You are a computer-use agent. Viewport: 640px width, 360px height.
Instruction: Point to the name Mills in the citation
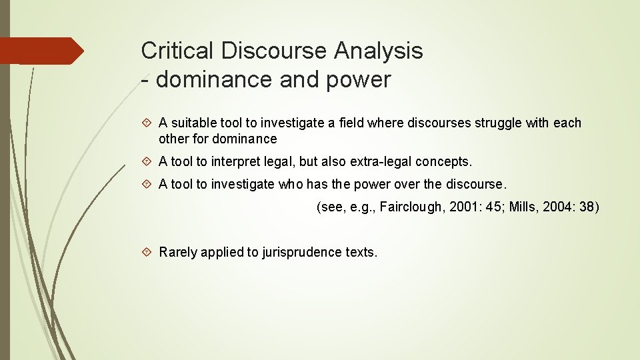tap(522, 207)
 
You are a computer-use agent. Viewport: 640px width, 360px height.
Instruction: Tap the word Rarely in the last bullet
tap(178, 253)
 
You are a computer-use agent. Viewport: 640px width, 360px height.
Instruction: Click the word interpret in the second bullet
tap(229, 162)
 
